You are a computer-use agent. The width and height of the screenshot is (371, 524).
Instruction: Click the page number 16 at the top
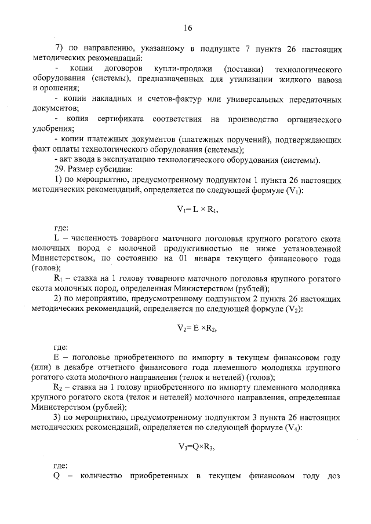(x=187, y=28)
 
